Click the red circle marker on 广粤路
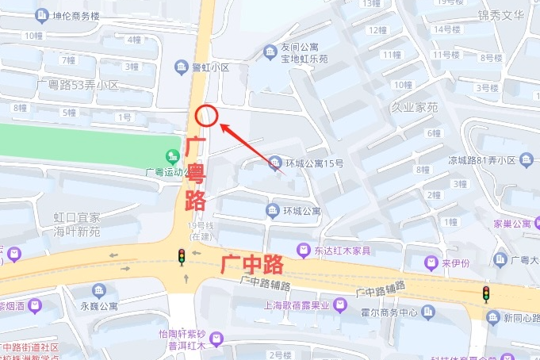click(206, 116)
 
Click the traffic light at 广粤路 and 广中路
click(182, 256)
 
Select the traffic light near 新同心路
click(486, 293)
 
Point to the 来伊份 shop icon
click(431, 262)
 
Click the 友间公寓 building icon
click(271, 52)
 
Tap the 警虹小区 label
click(211, 68)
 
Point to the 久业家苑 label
click(413, 105)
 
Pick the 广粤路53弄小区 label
click(78, 84)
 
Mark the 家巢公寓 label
click(521, 224)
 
